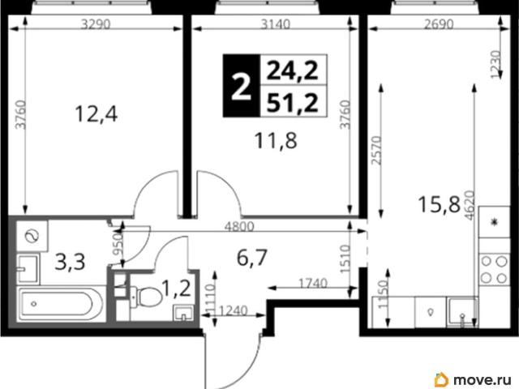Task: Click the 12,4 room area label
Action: pos(96,114)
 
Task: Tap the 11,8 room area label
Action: pos(276,140)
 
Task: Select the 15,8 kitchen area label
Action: pos(440,204)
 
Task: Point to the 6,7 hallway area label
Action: pos(252,258)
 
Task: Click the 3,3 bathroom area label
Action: pos(70,263)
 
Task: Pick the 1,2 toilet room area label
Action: pos(177,289)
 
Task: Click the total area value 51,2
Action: pos(293,103)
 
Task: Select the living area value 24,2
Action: pos(293,71)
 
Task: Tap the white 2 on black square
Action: pos(241,87)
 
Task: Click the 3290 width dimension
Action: pos(96,24)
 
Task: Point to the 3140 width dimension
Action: pos(276,24)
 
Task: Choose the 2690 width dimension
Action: pos(439,24)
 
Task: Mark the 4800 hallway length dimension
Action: pos(239,226)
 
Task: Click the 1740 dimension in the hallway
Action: pos(313,283)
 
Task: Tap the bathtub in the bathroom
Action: pos(57,304)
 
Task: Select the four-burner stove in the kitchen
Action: pos(494,269)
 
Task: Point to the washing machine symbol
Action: pos(32,236)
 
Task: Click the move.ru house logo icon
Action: pos(441,378)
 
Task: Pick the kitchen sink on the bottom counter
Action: pos(461,311)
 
